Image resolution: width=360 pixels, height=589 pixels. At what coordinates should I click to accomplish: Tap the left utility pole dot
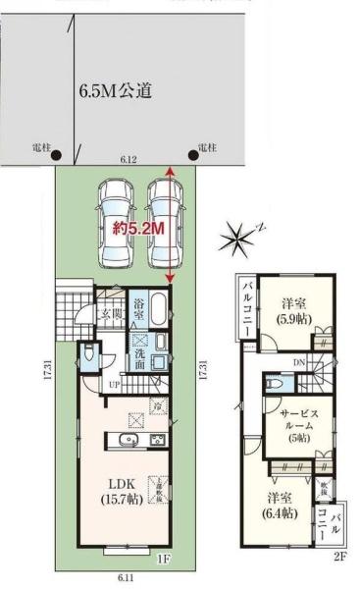56,154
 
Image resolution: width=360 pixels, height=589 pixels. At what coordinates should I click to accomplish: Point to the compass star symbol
237,237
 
